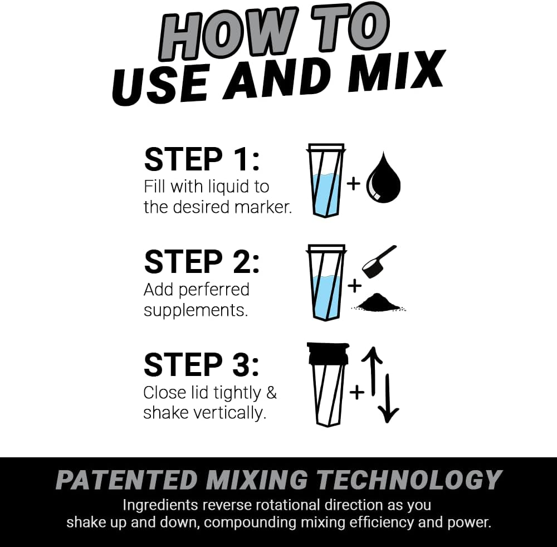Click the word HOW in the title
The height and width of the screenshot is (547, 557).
pos(226,35)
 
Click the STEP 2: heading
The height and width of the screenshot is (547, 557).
pos(202,261)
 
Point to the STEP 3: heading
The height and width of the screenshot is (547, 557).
pos(202,365)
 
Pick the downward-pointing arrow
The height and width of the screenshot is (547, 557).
pos(388,398)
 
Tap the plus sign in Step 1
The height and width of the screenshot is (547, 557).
pos(354,183)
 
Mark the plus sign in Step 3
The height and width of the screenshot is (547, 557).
pos(356,392)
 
